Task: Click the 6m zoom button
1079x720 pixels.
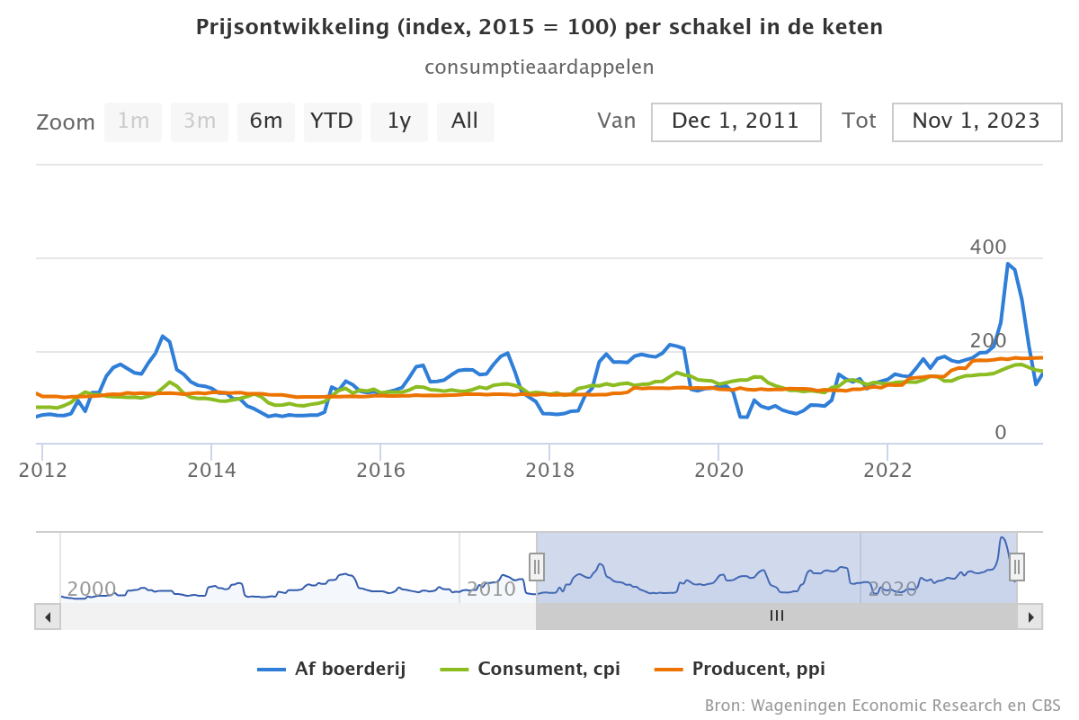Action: pos(266,121)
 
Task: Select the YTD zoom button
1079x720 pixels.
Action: pos(332,121)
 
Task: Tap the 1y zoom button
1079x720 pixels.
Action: pos(398,121)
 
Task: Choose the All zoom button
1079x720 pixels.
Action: pos(465,121)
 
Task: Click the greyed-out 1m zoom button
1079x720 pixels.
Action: pos(133,121)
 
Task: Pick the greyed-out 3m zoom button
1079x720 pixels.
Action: pos(200,121)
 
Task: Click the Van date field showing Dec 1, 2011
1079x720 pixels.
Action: pos(736,121)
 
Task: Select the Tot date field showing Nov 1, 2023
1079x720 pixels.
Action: pos(976,121)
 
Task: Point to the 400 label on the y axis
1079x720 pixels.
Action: pos(988,247)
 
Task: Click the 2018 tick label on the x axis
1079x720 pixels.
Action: pos(549,470)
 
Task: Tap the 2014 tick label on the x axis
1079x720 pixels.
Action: pos(211,470)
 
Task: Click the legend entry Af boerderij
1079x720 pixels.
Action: pos(332,669)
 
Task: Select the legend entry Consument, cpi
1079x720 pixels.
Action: pos(531,669)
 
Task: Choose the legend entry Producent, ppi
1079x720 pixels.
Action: pos(740,669)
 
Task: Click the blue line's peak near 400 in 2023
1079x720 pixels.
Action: pos(1009,264)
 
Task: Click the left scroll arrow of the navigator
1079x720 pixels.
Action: pos(47,616)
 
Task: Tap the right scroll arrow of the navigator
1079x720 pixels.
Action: pos(1031,616)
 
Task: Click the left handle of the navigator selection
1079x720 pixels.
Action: pos(537,566)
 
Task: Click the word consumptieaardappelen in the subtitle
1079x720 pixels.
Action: pos(539,67)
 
